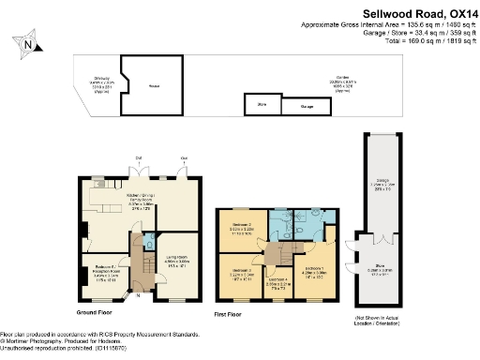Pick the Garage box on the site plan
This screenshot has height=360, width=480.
(x=307, y=108)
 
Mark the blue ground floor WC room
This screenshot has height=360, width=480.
(x=151, y=245)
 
